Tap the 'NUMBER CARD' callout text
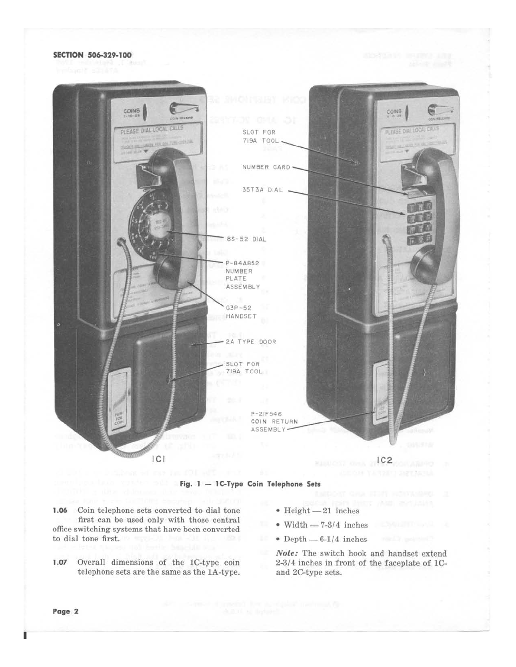266,167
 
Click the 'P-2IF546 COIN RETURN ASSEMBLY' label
274,421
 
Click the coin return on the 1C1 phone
116,405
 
